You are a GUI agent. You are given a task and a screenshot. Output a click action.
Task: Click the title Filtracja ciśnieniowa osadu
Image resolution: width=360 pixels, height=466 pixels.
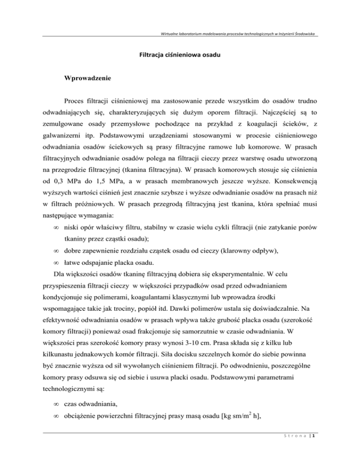coord(180,54)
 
